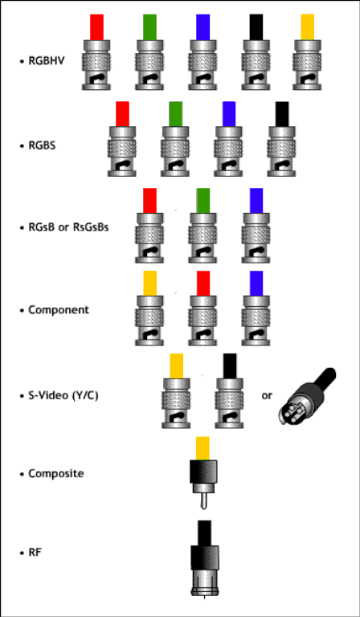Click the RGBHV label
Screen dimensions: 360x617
point(47,61)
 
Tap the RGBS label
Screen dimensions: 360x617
point(42,145)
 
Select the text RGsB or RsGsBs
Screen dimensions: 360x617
point(68,227)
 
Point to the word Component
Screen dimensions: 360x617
point(59,310)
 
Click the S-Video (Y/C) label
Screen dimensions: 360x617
point(63,395)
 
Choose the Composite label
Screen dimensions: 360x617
point(56,473)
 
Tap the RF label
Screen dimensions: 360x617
point(35,553)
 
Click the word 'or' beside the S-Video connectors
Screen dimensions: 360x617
point(267,396)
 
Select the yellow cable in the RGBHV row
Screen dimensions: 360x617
point(307,27)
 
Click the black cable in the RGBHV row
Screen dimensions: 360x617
point(256,27)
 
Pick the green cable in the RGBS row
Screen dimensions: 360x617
point(175,114)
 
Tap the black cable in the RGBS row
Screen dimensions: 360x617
point(282,114)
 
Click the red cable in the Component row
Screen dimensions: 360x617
point(203,284)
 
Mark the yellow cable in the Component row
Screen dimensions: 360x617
point(150,284)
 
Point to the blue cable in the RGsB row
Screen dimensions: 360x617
point(256,201)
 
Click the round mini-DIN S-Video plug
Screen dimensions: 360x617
point(306,397)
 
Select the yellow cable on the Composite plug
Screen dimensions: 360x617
point(202,448)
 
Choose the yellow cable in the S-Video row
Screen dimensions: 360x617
point(176,366)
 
